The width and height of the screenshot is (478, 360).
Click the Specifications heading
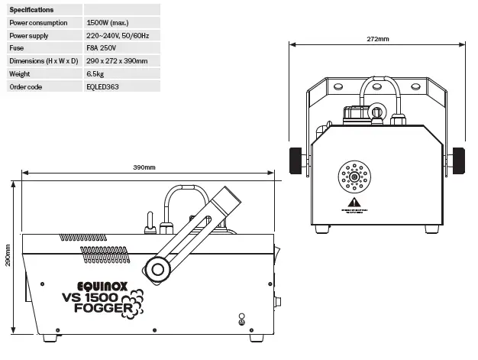click(x=31, y=10)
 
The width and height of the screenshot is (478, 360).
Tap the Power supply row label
click(x=28, y=35)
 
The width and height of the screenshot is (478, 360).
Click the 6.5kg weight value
click(x=95, y=73)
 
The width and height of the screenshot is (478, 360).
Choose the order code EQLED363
click(x=103, y=86)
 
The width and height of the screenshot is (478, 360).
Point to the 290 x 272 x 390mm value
click(x=118, y=60)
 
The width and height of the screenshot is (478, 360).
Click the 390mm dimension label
click(x=144, y=167)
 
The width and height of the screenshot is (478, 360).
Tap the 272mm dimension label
click(x=377, y=38)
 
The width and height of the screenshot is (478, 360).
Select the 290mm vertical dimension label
click(x=8, y=255)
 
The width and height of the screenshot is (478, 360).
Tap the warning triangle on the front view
click(x=353, y=203)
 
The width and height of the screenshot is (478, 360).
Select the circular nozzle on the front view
click(x=353, y=175)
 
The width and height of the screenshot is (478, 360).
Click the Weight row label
click(x=19, y=73)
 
